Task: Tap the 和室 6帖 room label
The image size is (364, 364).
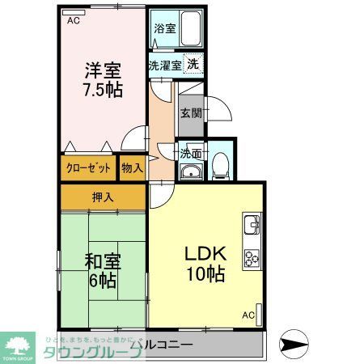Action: [x=103, y=270]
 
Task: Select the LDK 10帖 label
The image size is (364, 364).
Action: [x=207, y=264]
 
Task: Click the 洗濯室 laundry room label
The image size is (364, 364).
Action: [x=164, y=65]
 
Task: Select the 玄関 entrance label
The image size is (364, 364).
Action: [x=191, y=113]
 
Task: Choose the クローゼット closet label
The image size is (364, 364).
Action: [x=87, y=168]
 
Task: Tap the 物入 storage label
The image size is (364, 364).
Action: [x=132, y=168]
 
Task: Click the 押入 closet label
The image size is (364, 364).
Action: [x=103, y=197]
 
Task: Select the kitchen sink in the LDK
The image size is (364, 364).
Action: [x=250, y=223]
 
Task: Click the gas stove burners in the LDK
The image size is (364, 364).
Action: [x=250, y=258]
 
